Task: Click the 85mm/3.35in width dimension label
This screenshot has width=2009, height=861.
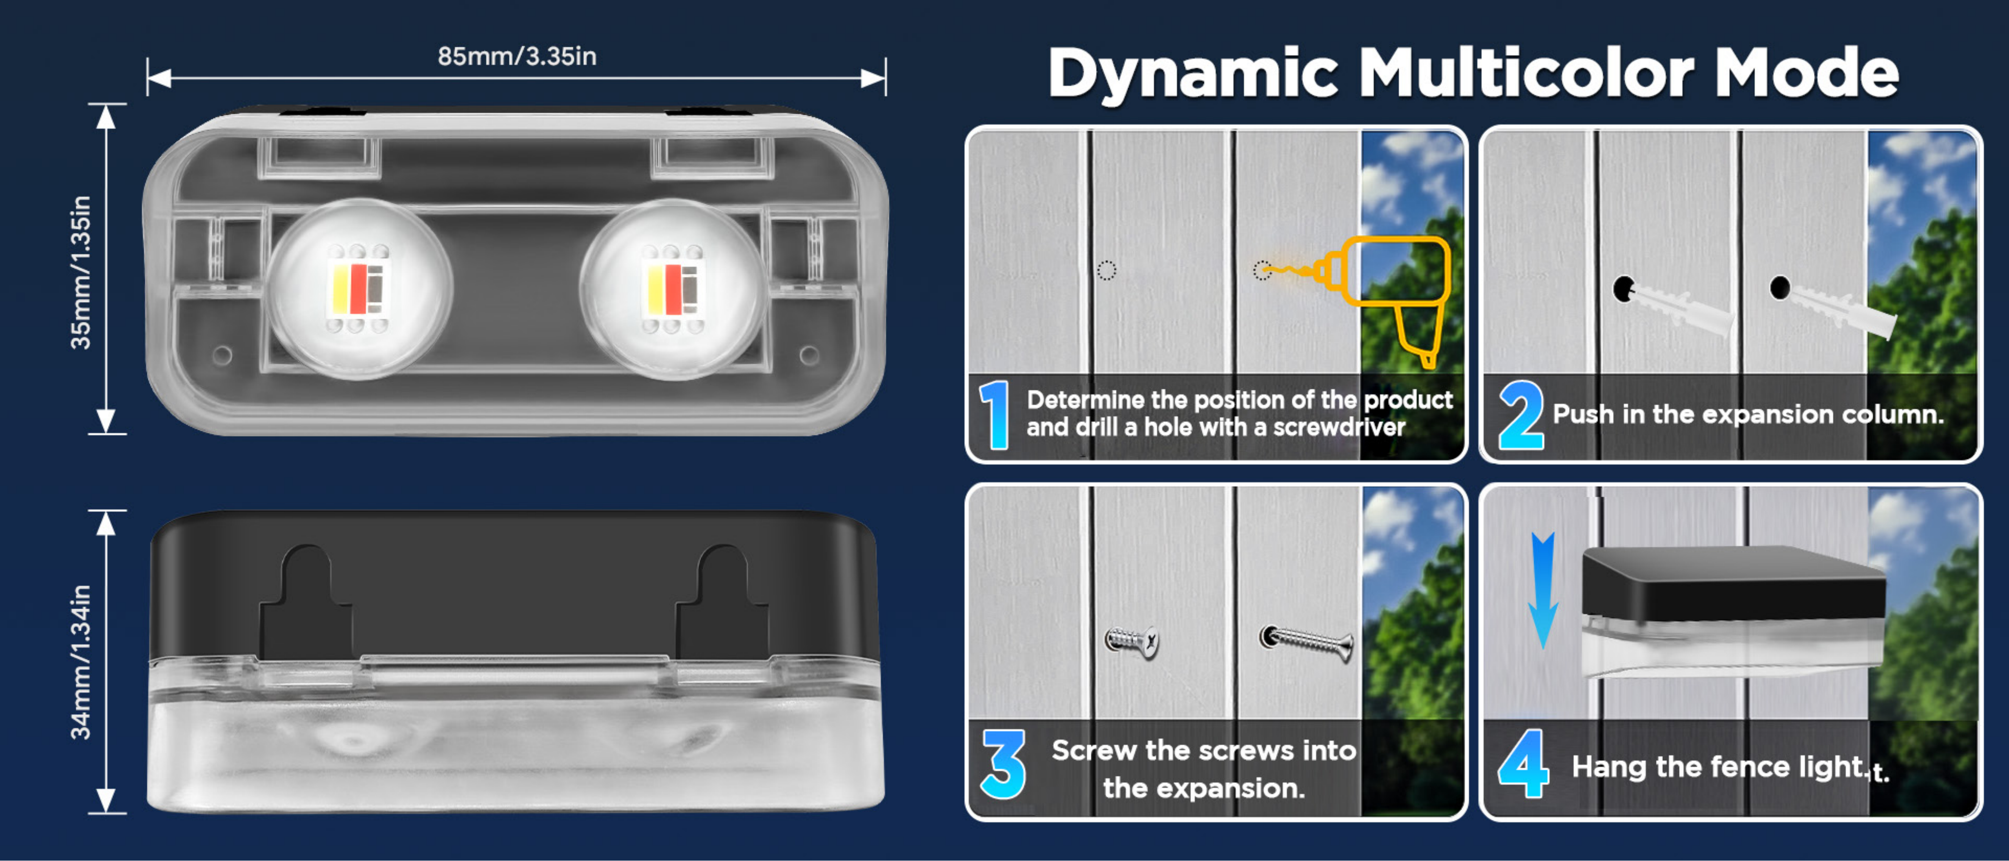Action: pos(517,56)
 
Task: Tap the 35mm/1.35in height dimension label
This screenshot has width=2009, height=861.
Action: pos(81,272)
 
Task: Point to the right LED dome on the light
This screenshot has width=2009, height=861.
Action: pos(672,289)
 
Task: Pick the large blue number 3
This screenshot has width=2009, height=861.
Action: pos(1004,764)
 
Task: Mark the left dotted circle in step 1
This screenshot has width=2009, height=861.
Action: pos(1107,271)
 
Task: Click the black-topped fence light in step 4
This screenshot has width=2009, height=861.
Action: pos(1733,612)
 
